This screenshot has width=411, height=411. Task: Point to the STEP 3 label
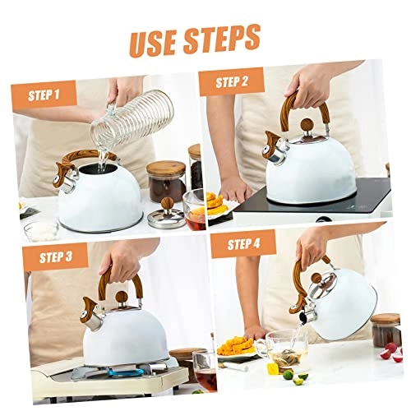54,256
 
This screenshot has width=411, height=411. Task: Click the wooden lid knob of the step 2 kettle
306,126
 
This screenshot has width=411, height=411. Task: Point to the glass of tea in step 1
194,211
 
